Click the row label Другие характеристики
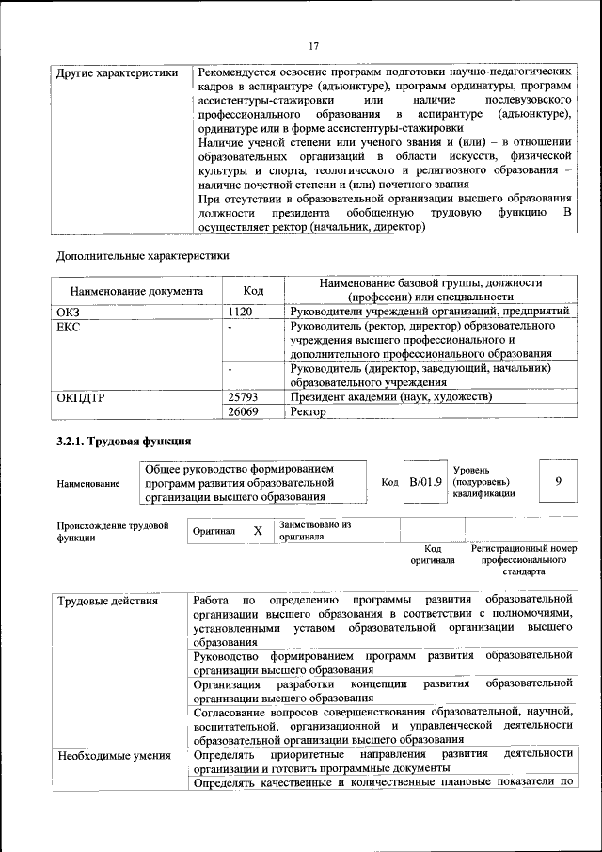[118, 72]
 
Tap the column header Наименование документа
[135, 292]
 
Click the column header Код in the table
[252, 292]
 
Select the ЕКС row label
[70, 327]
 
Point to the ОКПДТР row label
[81, 397]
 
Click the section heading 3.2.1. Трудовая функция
[124, 441]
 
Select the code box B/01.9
[424, 482]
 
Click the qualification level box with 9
[559, 482]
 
